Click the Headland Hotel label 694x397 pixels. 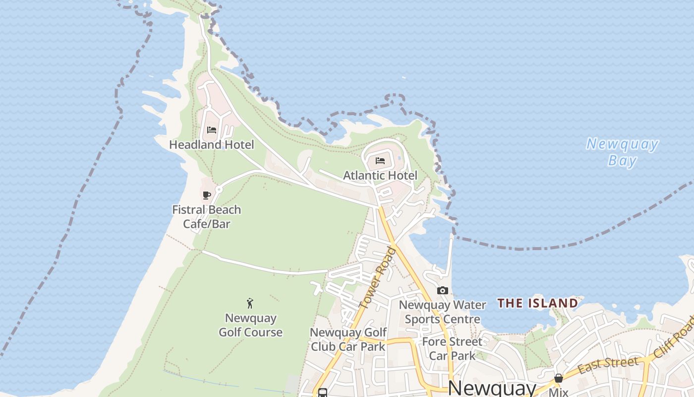pyautogui.click(x=212, y=144)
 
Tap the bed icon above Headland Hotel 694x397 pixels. pyautogui.click(x=212, y=130)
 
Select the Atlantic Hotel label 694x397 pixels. pyautogui.click(x=380, y=175)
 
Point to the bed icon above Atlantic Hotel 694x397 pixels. pyautogui.click(x=380, y=160)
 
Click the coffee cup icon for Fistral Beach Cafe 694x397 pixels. pyautogui.click(x=207, y=195)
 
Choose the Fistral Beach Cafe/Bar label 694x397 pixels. pyautogui.click(x=207, y=216)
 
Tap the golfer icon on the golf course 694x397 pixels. pyautogui.click(x=250, y=303)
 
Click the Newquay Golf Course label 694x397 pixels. pyautogui.click(x=251, y=325)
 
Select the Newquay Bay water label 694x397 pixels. pyautogui.click(x=623, y=152)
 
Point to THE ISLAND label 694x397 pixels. pyautogui.click(x=538, y=303)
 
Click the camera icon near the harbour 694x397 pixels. pyautogui.click(x=443, y=290)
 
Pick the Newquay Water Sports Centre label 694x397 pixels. pyautogui.click(x=443, y=312)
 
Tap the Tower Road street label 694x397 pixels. pyautogui.click(x=378, y=278)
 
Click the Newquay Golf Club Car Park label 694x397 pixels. pyautogui.click(x=348, y=339)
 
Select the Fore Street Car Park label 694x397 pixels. pyautogui.click(x=452, y=348)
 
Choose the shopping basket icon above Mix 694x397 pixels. pyautogui.click(x=559, y=378)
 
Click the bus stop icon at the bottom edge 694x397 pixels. pyautogui.click(x=323, y=393)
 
